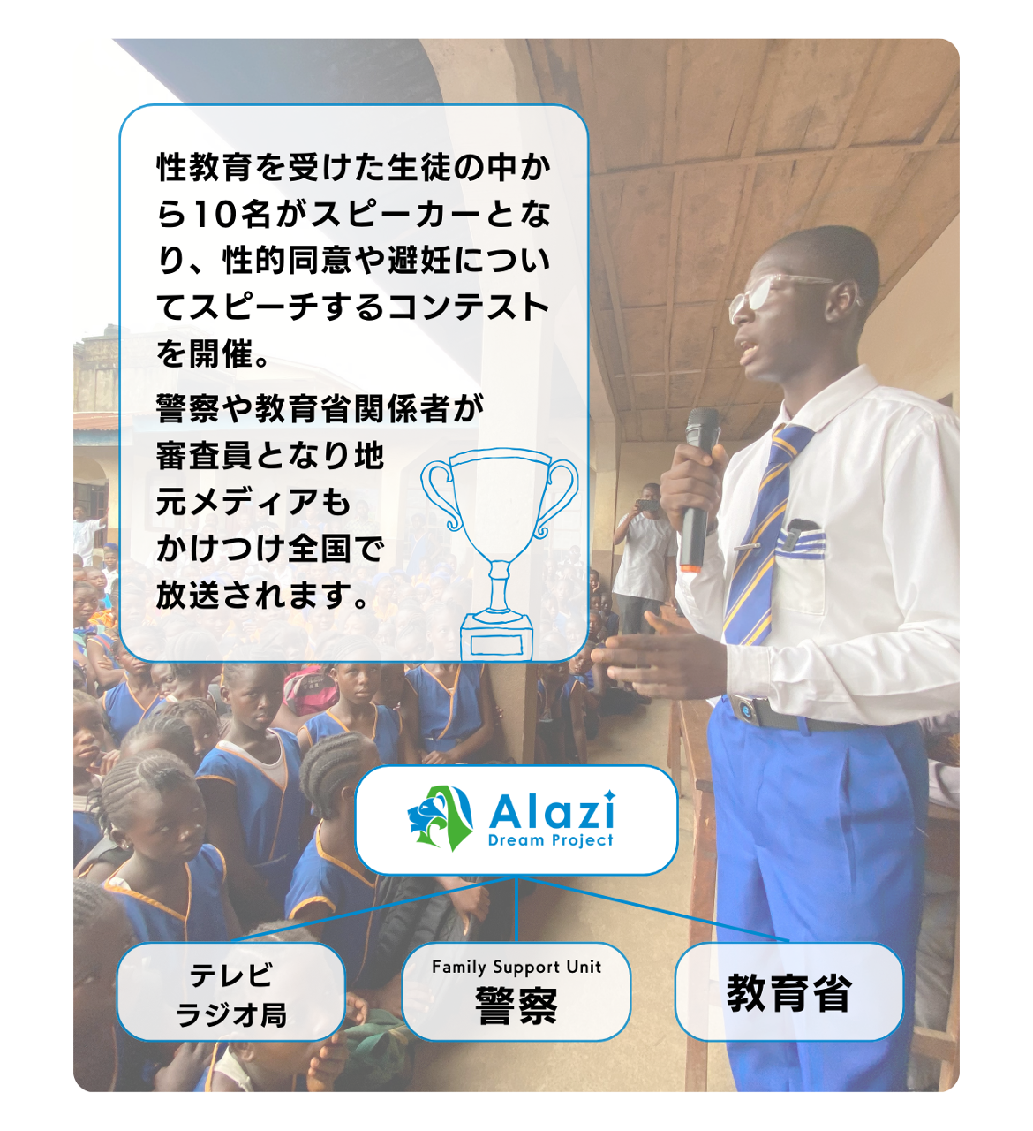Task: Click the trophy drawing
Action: [x=499, y=552]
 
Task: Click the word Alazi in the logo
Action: [x=552, y=811]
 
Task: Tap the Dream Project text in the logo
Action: [x=550, y=840]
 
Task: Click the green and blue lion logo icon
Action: [x=441, y=817]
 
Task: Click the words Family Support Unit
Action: [x=516, y=968]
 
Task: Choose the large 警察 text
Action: [x=516, y=1006]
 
